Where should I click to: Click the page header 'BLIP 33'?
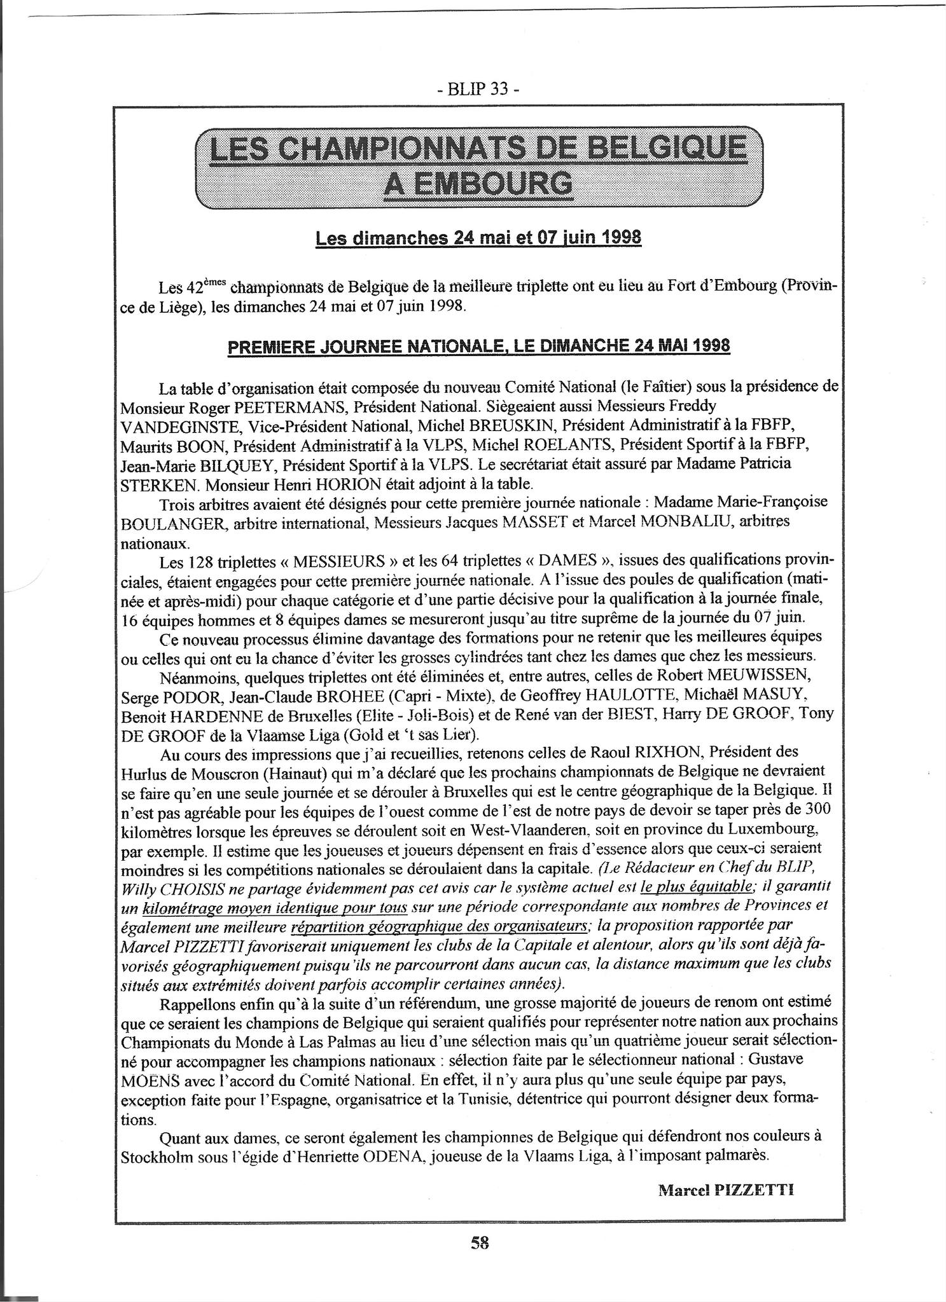tap(478, 90)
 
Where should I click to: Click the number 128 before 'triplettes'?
tap(200, 561)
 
